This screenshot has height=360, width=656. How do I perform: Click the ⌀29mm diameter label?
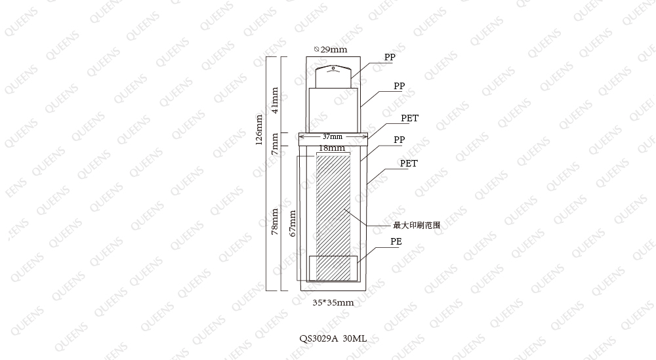click(x=331, y=50)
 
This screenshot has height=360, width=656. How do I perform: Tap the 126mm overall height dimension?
click(x=259, y=130)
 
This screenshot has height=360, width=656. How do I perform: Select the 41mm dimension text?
click(x=274, y=100)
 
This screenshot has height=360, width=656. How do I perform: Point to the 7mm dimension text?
click(x=274, y=144)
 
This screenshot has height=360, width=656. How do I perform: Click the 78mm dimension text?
click(x=274, y=222)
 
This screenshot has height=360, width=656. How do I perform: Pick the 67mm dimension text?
click(x=293, y=223)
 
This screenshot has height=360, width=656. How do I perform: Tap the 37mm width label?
click(x=333, y=137)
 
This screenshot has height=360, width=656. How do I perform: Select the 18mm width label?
click(x=332, y=148)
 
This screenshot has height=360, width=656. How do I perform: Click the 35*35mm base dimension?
click(x=333, y=303)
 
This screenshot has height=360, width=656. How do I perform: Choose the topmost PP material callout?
click(x=390, y=57)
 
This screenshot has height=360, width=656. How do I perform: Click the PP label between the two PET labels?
click(x=399, y=140)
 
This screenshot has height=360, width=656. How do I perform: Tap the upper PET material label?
click(x=409, y=118)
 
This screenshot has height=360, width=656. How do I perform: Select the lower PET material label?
click(x=409, y=163)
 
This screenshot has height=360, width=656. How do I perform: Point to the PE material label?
click(x=396, y=242)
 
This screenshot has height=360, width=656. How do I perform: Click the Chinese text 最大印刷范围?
click(x=417, y=226)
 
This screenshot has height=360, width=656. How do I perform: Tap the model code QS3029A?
click(x=318, y=338)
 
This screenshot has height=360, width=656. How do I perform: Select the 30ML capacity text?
click(x=355, y=338)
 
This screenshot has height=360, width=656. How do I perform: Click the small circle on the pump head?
click(x=333, y=68)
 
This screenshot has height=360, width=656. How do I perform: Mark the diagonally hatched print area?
click(x=333, y=218)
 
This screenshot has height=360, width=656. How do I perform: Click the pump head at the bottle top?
click(x=333, y=77)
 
